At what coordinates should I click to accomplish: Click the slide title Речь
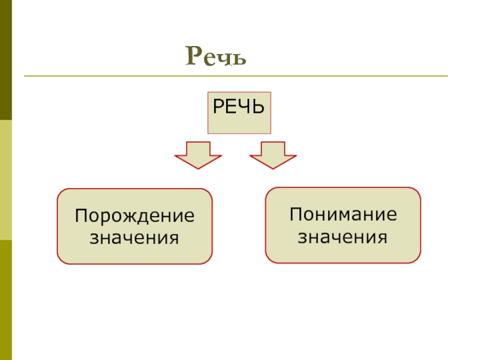coord(216,56)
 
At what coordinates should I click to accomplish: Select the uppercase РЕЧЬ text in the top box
coord(239,109)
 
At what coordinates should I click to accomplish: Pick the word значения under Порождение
coord(134,238)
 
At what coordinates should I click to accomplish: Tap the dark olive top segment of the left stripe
coord(6,60)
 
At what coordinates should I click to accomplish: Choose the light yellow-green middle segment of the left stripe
coord(6,180)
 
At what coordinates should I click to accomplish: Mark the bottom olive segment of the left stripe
coord(6,300)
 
